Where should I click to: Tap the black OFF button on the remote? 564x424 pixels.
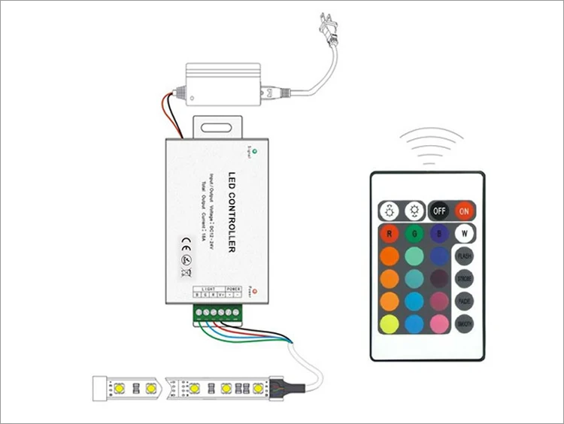click(x=439, y=210)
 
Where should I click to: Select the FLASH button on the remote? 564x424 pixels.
click(x=465, y=256)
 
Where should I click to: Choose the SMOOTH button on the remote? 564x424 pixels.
click(x=465, y=323)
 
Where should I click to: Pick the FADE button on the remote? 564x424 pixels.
click(x=465, y=301)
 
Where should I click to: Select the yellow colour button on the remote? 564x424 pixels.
click(x=389, y=323)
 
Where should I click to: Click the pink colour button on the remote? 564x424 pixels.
click(x=439, y=323)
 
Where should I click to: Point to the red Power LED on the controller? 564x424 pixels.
click(x=256, y=290)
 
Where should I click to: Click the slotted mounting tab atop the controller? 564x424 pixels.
click(x=219, y=127)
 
